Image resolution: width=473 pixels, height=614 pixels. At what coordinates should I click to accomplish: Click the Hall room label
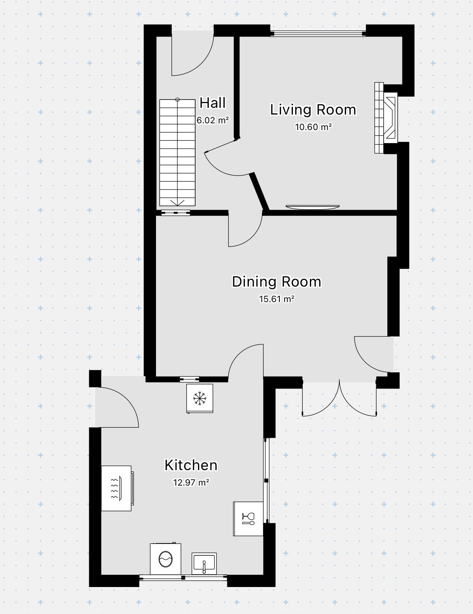tap(213, 103)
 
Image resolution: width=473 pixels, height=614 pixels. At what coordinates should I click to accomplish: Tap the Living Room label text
tap(313, 110)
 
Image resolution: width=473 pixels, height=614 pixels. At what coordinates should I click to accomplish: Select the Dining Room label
tap(277, 282)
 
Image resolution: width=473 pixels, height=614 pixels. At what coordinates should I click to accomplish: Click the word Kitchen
tap(191, 465)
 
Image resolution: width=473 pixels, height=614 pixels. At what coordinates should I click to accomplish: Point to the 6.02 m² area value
tap(213, 120)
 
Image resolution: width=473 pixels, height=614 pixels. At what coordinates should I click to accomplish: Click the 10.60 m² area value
tap(313, 127)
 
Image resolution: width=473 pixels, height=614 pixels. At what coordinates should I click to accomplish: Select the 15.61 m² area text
tap(277, 299)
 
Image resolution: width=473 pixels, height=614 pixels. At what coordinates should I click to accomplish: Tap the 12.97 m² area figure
tap(191, 483)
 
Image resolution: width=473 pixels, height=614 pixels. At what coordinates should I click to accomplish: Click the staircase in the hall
tap(177, 153)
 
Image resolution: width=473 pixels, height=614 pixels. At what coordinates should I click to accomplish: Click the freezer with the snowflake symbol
tap(200, 398)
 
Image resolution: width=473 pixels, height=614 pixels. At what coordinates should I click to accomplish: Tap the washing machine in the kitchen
tap(165, 559)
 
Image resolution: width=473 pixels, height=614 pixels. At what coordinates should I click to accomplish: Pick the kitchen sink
tap(204, 563)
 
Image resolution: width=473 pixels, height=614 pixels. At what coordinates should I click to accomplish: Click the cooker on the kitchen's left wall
tap(117, 488)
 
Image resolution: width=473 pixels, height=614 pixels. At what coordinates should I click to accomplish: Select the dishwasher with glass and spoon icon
tap(248, 518)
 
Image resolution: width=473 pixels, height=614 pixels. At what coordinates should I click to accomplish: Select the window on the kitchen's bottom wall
tap(183, 578)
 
